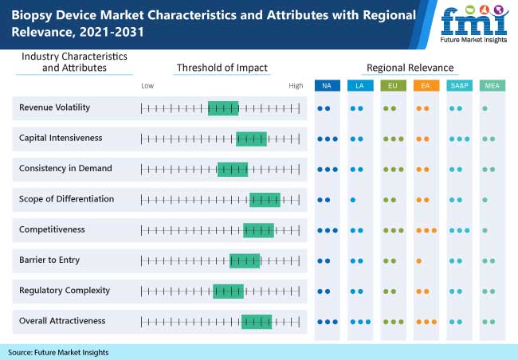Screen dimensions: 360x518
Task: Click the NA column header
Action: pyautogui.click(x=327, y=85)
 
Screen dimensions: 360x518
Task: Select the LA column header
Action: pyautogui.click(x=359, y=85)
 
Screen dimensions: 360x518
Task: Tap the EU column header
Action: pyautogui.click(x=392, y=85)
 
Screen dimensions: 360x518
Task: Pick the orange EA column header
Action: pyautogui.click(x=425, y=85)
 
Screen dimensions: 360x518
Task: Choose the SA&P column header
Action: pyautogui.click(x=457, y=85)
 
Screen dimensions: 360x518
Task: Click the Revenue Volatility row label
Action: pyautogui.click(x=54, y=108)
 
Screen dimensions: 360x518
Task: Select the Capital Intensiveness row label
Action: pyautogui.click(x=61, y=138)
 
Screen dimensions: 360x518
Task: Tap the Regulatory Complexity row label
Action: pyautogui.click(x=65, y=290)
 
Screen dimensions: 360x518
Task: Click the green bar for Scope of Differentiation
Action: pyautogui.click(x=265, y=199)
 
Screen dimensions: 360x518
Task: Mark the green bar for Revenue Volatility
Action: pyautogui.click(x=223, y=108)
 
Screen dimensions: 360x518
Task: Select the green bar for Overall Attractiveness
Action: pyautogui.click(x=257, y=321)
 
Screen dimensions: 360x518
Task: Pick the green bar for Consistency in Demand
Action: pyautogui.click(x=233, y=169)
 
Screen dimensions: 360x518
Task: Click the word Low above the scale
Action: pyautogui.click(x=147, y=85)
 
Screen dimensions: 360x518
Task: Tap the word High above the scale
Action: pyautogui.click(x=296, y=85)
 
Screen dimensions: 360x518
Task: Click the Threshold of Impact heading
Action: pyautogui.click(x=222, y=68)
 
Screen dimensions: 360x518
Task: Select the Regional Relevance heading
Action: pyautogui.click(x=410, y=68)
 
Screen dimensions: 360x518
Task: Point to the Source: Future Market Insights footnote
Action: pyautogui.click(x=58, y=352)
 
